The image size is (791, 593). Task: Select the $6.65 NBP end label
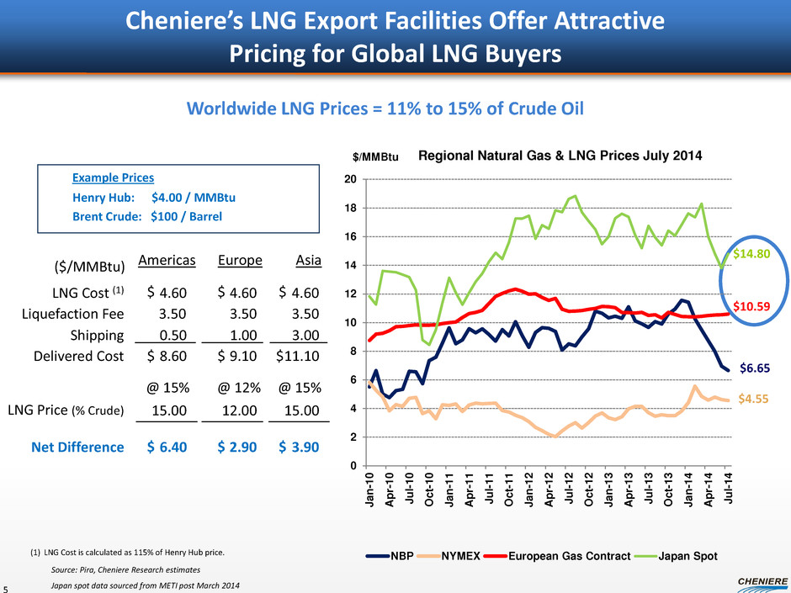coord(755,368)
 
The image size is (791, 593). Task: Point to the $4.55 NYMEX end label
coord(755,401)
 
